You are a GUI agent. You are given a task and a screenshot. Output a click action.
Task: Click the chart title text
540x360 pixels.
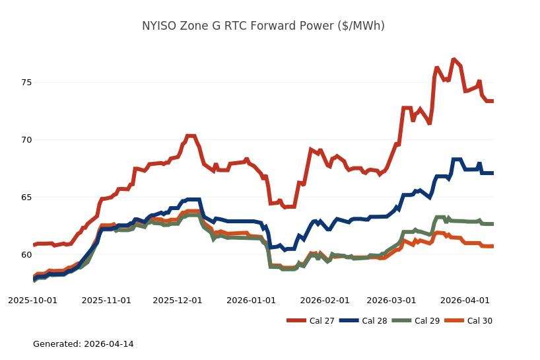[263, 26]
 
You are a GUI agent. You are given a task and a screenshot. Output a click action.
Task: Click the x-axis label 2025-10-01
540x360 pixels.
[32, 300]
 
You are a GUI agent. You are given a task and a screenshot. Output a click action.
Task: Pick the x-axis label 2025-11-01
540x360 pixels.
[106, 300]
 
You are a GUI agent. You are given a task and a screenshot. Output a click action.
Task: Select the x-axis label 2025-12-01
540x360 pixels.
[178, 300]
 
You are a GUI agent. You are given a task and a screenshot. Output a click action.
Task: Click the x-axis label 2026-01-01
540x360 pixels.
[252, 300]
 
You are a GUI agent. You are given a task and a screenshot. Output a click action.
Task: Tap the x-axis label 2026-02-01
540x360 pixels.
[325, 300]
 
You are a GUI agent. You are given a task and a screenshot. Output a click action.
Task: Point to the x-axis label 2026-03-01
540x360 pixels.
[391, 300]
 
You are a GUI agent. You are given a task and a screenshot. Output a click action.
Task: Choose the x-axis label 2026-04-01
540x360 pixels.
[465, 300]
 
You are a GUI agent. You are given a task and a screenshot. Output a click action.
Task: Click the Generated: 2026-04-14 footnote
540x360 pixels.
[83, 344]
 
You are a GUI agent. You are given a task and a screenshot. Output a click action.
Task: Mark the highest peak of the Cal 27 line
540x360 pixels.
[454, 59]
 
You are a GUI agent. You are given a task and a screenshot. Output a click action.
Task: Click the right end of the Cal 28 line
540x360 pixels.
[493, 173]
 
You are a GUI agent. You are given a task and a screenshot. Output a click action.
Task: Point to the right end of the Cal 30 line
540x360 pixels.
[493, 246]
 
